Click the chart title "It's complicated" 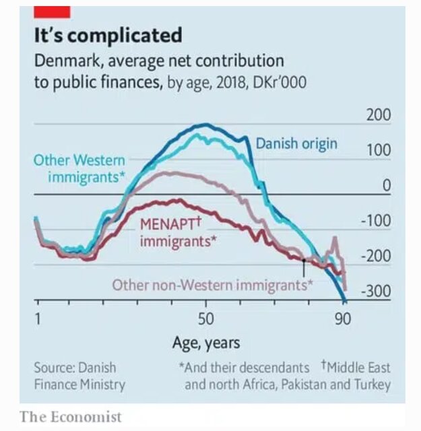(108, 35)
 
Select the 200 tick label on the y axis (378, 115)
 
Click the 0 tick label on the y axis (386, 185)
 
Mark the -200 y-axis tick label (375, 257)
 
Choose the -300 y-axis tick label (375, 292)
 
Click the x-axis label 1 (38, 319)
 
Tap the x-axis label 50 (205, 319)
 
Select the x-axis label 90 (343, 319)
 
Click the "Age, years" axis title (206, 343)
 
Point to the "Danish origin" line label (296, 143)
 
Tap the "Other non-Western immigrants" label (212, 285)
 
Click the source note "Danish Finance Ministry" (79, 376)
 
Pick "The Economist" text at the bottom (71, 416)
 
